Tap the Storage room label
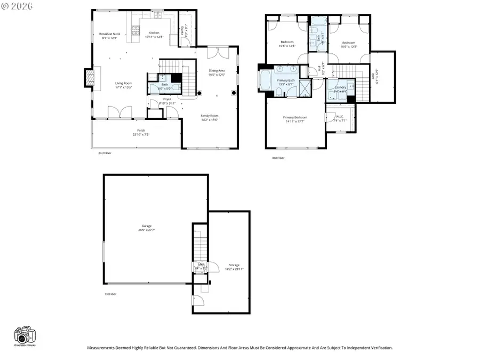point(234,265)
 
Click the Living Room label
point(124,83)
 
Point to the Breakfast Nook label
point(109,34)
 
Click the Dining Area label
point(217,71)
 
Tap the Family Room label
point(209,116)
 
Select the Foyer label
point(167,100)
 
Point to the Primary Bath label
point(285,81)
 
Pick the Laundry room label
point(340,88)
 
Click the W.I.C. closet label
point(340,117)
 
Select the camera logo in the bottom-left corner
point(25,336)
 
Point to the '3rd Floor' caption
point(278,158)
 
